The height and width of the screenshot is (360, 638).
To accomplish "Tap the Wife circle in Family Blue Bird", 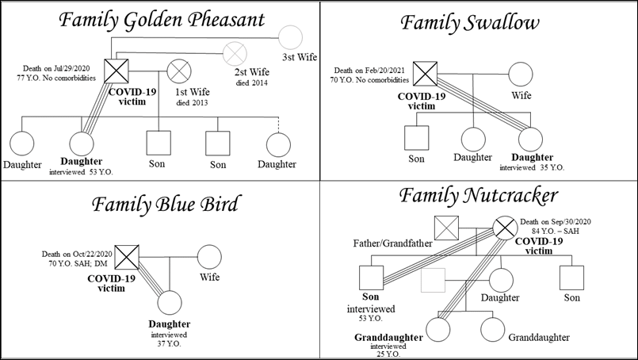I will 208,256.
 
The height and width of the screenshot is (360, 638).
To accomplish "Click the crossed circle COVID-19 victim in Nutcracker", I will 505,228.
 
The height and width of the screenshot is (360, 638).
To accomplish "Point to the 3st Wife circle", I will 292,37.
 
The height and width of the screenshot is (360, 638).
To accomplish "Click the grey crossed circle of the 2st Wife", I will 235,54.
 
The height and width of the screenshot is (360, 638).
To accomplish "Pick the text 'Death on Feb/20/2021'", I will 369,71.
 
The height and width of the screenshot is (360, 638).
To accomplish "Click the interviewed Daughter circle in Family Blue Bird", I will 171,302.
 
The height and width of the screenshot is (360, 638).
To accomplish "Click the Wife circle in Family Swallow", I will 519,75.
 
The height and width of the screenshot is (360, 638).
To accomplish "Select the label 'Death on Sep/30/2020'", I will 556,221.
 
